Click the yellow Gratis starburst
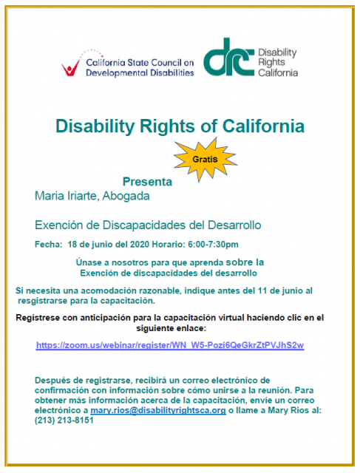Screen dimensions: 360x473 pyautogui.click(x=205, y=160)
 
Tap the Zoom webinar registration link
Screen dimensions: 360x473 pyautogui.click(x=170, y=345)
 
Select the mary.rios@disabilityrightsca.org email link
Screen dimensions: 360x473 pyautogui.click(x=158, y=411)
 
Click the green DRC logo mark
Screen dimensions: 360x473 pyautogui.click(x=228, y=58)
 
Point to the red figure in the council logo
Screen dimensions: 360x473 pyautogui.click(x=70, y=67)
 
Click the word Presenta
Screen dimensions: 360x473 pyautogui.click(x=147, y=182)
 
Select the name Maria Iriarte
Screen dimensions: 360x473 pyautogui.click(x=66, y=196)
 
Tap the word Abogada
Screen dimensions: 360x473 pyautogui.click(x=126, y=196)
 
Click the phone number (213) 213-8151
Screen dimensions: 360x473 pyautogui.click(x=64, y=421)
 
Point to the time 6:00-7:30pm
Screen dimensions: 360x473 pyautogui.click(x=213, y=245)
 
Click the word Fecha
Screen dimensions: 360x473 pyautogui.click(x=48, y=245)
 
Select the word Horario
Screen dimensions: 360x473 pyautogui.click(x=169, y=245)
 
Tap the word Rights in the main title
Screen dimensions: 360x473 pyautogui.click(x=167, y=126)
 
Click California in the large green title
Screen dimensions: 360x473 pyautogui.click(x=263, y=126)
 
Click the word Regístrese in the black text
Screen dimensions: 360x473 pyautogui.click(x=38, y=318)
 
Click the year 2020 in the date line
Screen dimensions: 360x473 pyautogui.click(x=140, y=245)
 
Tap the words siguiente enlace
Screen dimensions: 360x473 pyautogui.click(x=171, y=328)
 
